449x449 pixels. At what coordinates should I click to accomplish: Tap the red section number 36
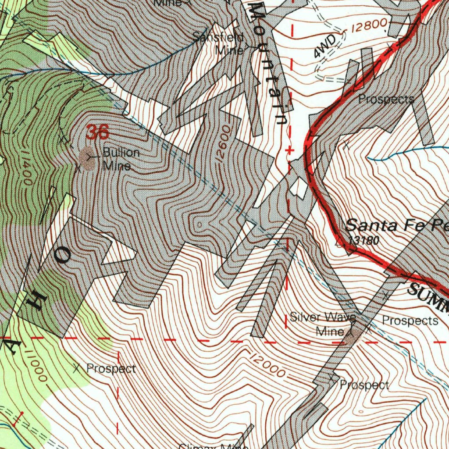[97, 132]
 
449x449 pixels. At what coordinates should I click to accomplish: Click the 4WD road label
[325, 47]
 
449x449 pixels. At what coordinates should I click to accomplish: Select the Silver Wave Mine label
[323, 324]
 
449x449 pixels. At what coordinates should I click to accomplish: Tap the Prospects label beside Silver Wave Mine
[410, 321]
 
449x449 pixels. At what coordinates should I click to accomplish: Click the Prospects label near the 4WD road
[386, 100]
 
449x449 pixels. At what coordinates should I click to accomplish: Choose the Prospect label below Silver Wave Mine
[364, 385]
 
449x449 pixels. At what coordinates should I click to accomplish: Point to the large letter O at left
[62, 256]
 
